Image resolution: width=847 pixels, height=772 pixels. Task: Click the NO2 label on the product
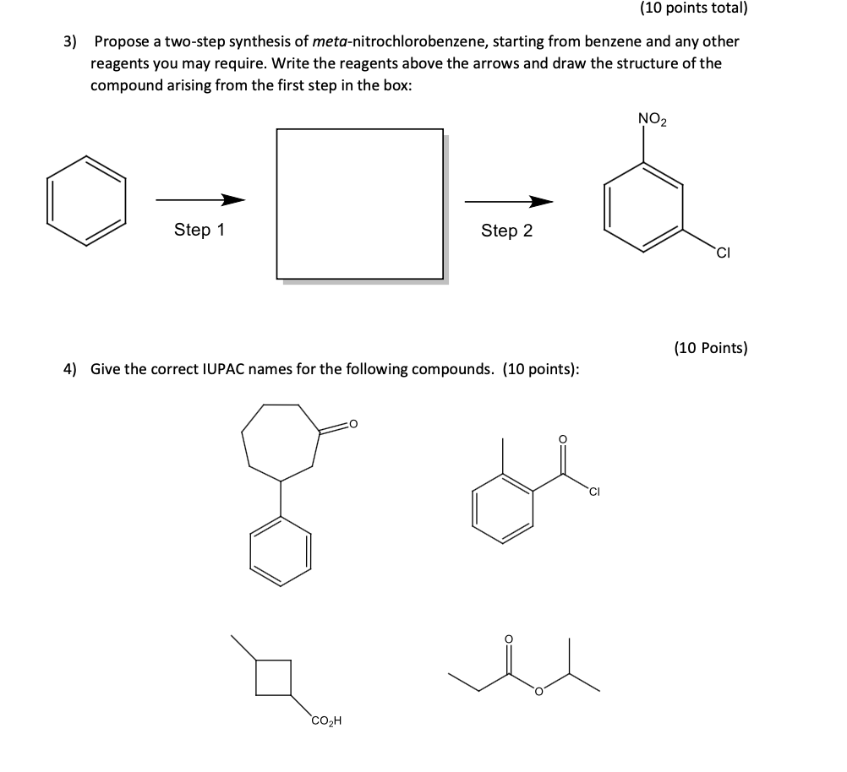tap(652, 119)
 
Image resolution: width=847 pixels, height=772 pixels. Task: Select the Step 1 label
tap(199, 230)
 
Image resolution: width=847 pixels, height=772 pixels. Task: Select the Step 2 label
tap(506, 231)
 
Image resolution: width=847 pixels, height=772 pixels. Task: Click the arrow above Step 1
tap(200, 200)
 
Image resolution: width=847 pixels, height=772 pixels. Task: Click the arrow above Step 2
tap(509, 201)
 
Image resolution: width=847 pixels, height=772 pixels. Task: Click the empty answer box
tap(360, 204)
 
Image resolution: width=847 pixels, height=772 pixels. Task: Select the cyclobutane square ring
tap(274, 677)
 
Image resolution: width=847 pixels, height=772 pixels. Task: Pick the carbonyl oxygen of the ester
tap(508, 639)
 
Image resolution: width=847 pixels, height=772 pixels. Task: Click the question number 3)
tap(73, 41)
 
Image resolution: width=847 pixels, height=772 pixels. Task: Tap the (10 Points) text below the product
tap(710, 347)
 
